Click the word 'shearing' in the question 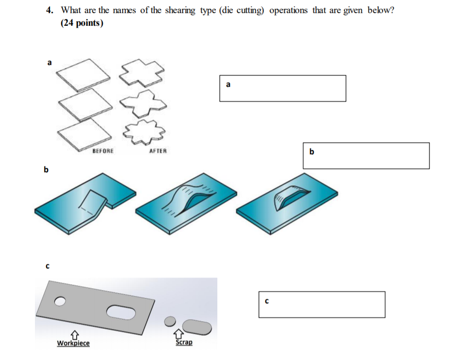tap(180, 11)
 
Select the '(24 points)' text tap(82, 23)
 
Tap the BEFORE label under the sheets tap(103, 151)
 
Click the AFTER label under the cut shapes tap(158, 151)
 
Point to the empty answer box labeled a tap(282, 88)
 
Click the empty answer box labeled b tap(366, 155)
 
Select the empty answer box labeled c tap(322, 304)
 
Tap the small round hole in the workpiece tap(60, 301)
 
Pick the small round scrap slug tap(169, 321)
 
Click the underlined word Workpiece tap(73, 344)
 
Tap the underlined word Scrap tap(184, 342)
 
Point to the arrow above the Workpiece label tap(74, 335)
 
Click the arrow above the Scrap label tap(179, 333)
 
